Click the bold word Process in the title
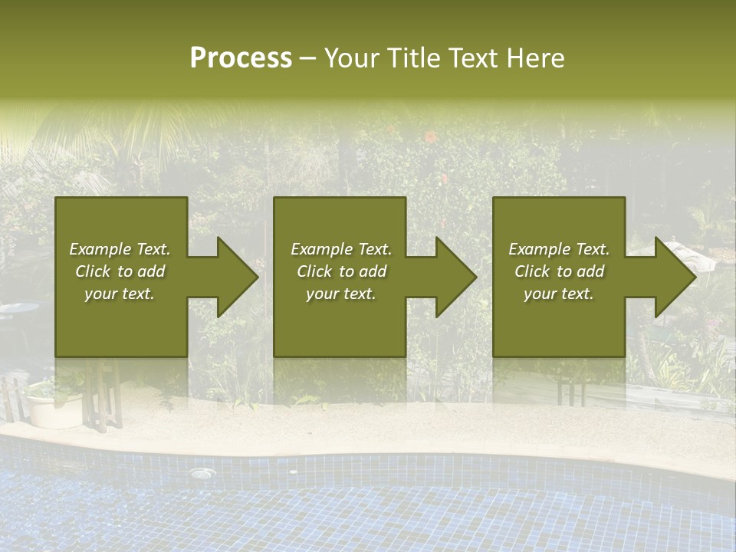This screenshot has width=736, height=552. click(241, 58)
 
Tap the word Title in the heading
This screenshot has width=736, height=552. click(412, 58)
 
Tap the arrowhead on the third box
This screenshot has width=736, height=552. click(674, 278)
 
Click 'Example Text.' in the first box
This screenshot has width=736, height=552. click(120, 249)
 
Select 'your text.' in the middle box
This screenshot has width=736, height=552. click(340, 294)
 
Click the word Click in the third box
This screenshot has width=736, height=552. click(533, 271)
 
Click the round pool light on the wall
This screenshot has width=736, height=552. click(201, 474)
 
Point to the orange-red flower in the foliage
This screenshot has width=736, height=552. click(431, 138)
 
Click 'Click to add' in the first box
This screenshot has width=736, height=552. click(120, 271)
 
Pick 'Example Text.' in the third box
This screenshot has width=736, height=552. click(559, 249)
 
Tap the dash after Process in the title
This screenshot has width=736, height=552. click(307, 58)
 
